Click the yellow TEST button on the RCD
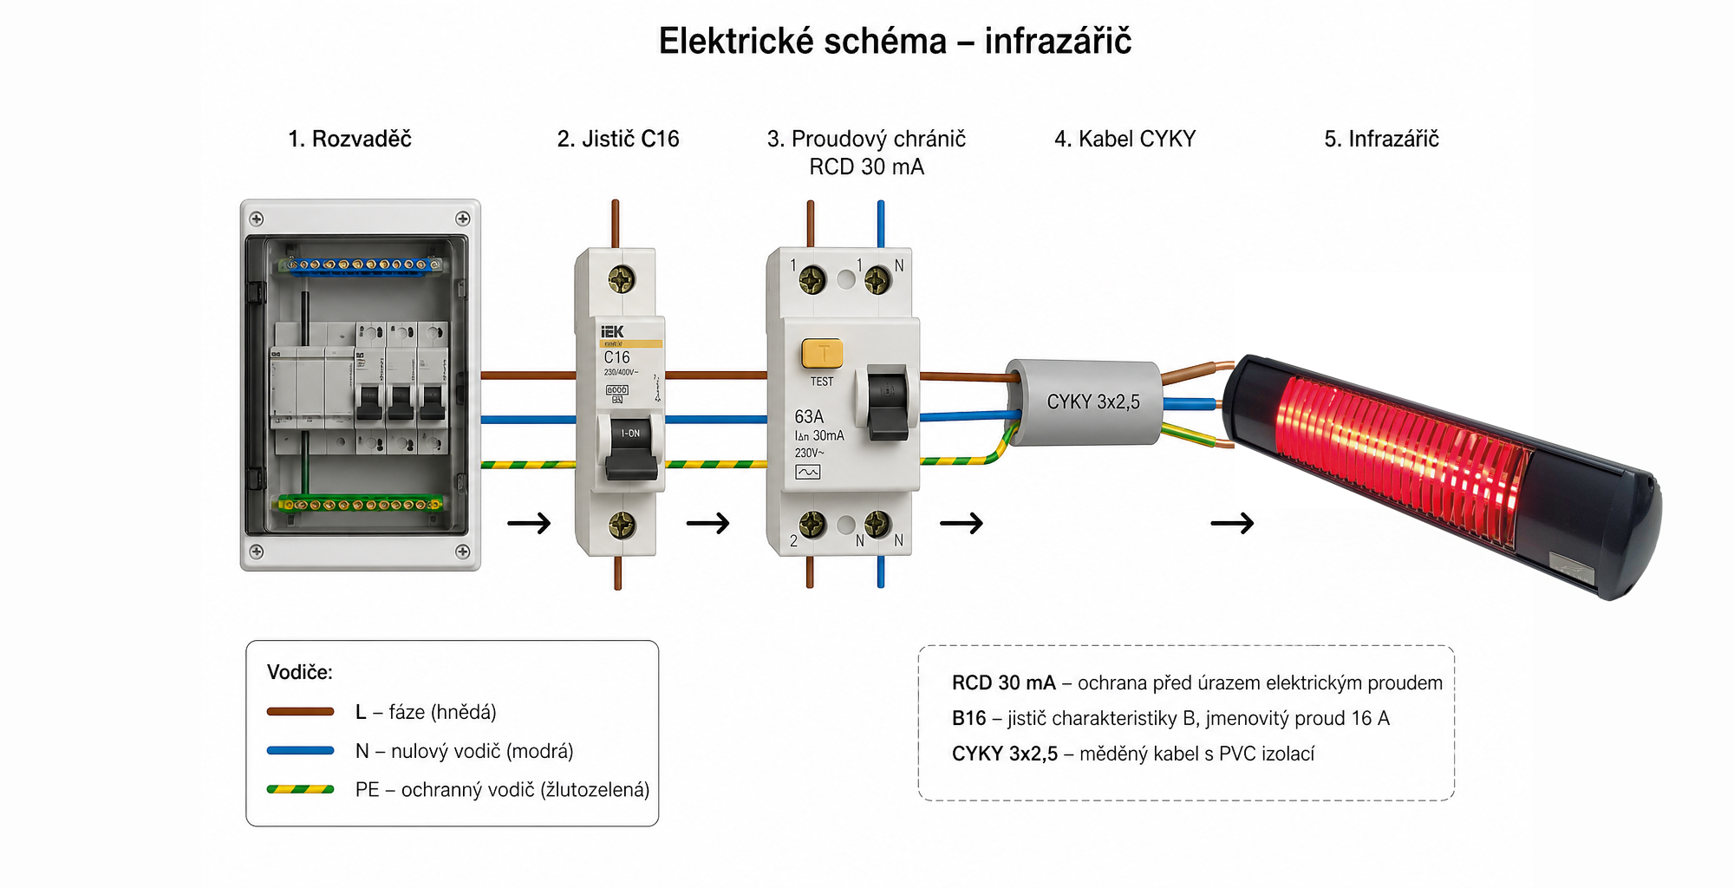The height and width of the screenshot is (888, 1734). tap(822, 353)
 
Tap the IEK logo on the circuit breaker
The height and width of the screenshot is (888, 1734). tap(613, 332)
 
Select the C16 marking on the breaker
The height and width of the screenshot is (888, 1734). tap(617, 357)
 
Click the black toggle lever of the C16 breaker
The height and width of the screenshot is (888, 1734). tap(630, 451)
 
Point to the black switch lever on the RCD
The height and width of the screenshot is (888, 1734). tap(888, 402)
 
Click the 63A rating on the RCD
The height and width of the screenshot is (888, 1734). tap(809, 417)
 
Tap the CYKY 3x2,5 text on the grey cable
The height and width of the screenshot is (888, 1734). tap(1093, 402)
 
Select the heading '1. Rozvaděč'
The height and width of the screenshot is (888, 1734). tap(349, 139)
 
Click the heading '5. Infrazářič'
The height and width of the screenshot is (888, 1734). tap(1381, 139)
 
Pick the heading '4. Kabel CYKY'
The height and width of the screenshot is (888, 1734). tap(1124, 139)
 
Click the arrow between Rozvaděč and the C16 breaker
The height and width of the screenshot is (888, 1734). tap(529, 523)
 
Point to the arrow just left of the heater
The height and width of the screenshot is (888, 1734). tap(1232, 523)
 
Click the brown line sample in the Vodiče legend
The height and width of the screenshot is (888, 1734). tap(300, 712)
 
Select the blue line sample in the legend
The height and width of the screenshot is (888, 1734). tap(300, 751)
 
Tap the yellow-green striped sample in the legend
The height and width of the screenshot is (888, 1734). tap(300, 790)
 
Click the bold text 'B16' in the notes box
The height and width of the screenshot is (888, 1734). tap(968, 719)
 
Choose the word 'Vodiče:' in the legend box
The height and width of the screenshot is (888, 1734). tap(299, 672)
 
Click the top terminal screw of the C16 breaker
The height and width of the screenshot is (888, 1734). tap(622, 279)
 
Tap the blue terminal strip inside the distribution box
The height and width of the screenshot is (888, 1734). tap(361, 264)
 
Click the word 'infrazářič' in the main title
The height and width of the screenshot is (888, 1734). tap(1058, 42)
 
